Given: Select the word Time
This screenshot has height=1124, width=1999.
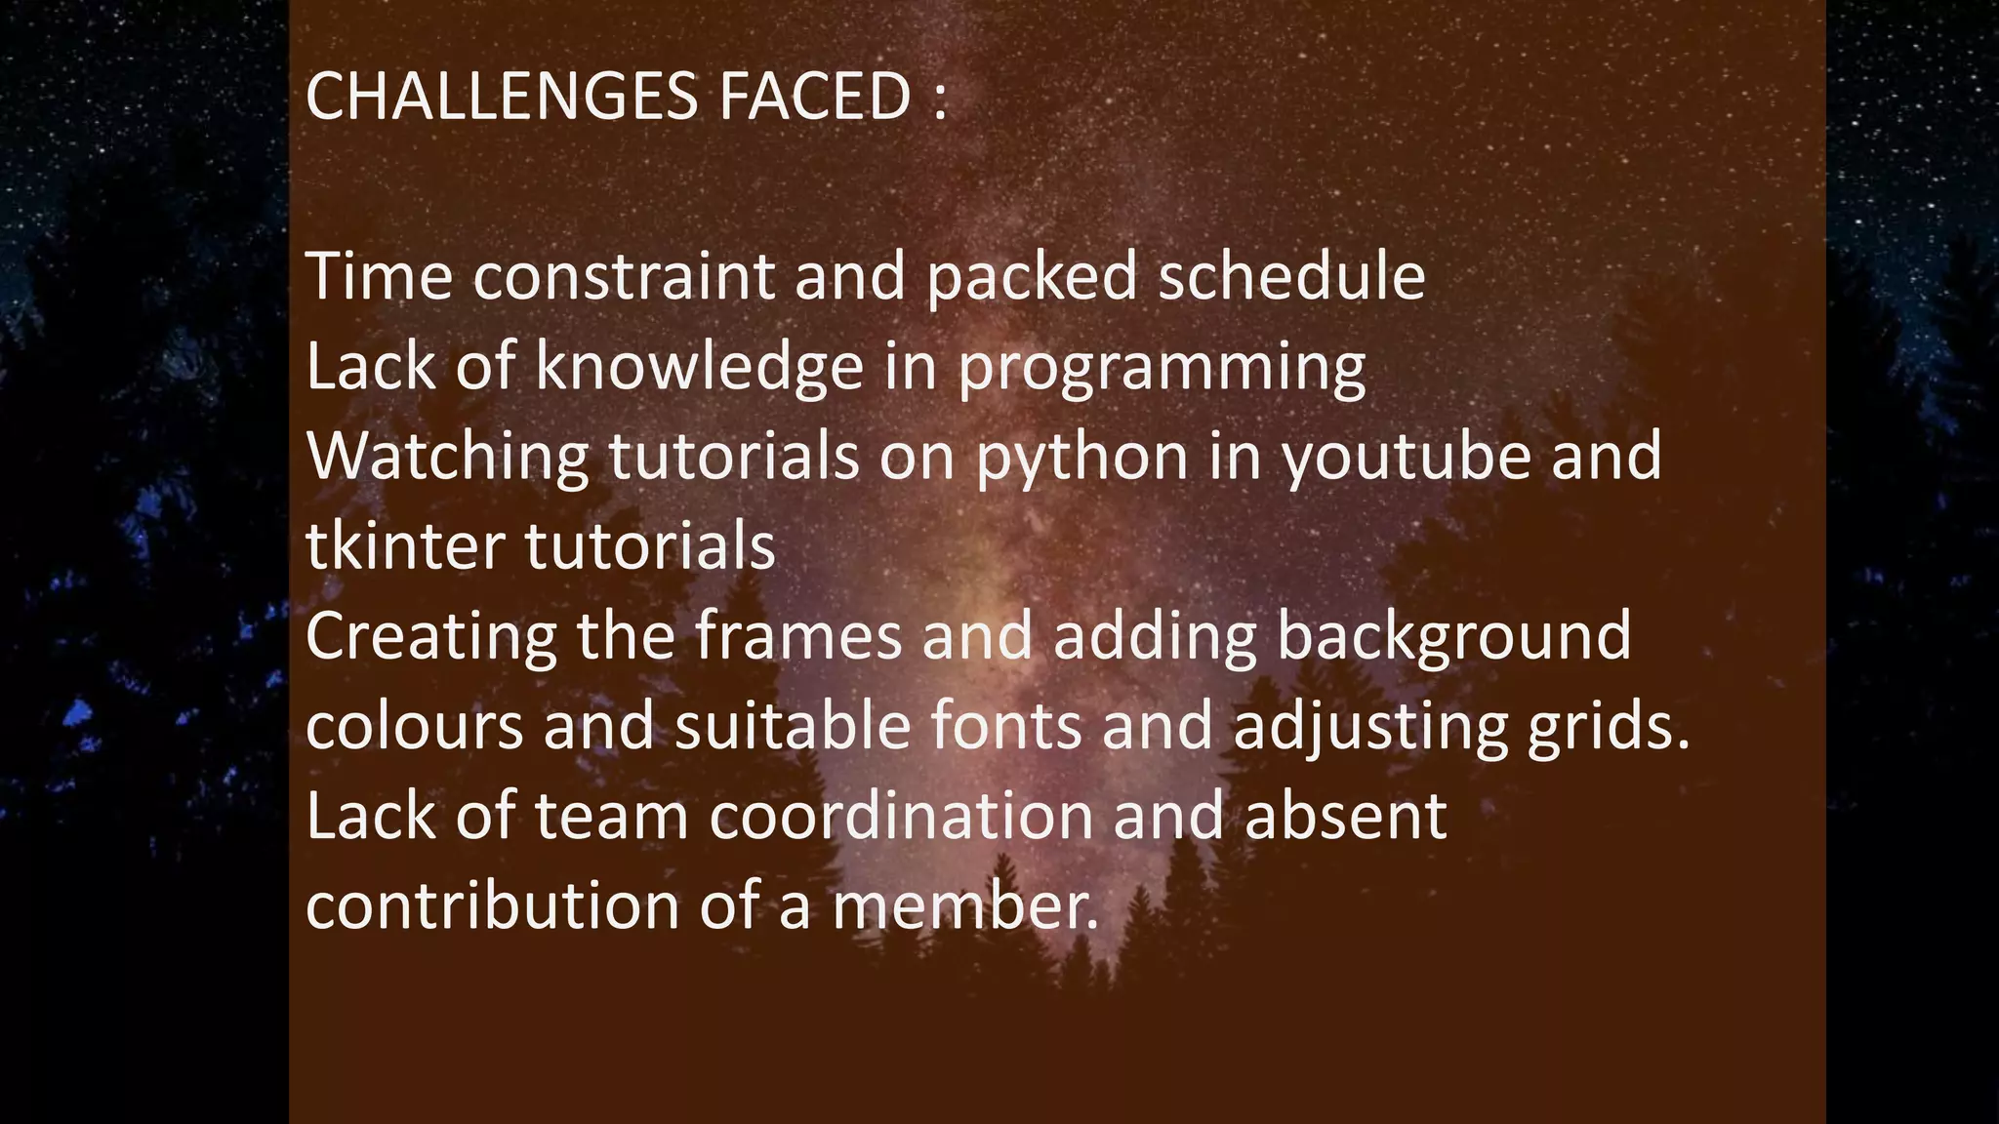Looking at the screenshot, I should pos(379,276).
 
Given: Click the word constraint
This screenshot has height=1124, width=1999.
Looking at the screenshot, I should pos(625,276).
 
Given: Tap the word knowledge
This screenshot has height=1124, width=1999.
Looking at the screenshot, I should pos(700,367).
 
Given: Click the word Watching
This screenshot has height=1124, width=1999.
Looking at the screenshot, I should pos(448,457).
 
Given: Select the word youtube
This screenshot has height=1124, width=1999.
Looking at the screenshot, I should pos(1407,457).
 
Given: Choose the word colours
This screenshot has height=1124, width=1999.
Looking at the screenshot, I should pos(415,727).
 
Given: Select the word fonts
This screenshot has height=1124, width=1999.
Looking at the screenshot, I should pos(1006,727).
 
